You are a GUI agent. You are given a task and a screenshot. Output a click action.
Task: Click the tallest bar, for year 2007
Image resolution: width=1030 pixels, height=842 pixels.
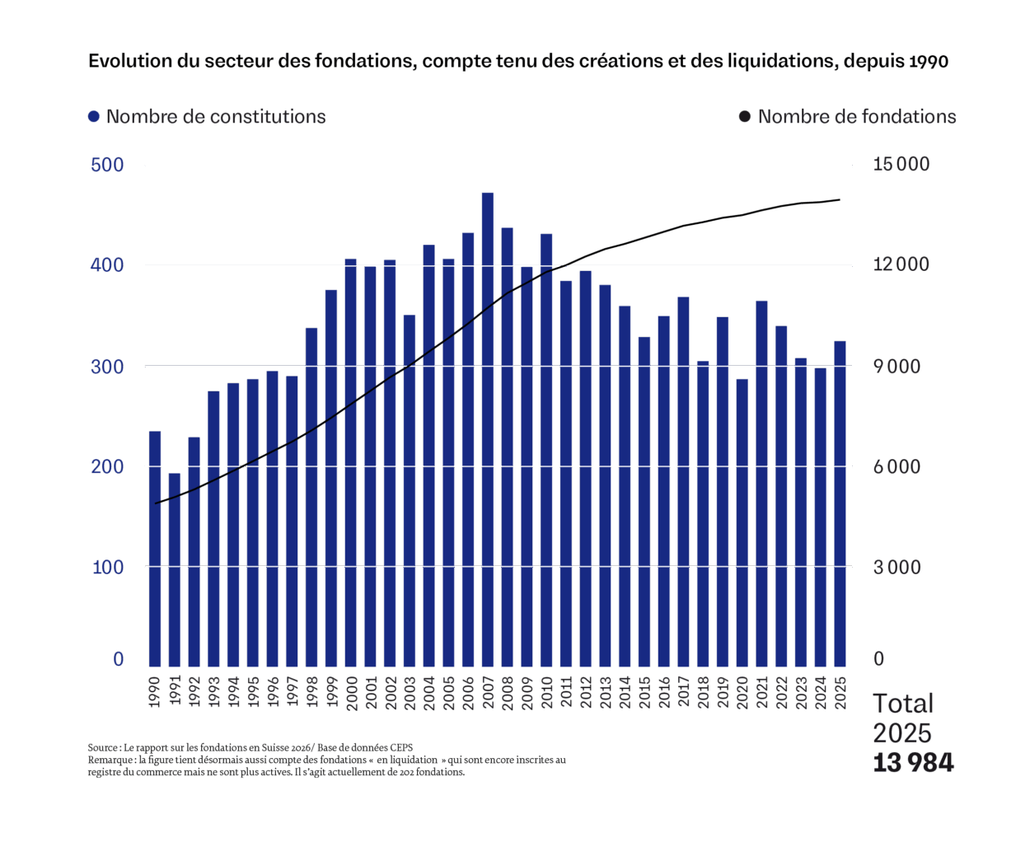[487, 428]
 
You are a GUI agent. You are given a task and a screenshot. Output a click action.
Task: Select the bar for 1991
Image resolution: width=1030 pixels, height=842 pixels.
[175, 568]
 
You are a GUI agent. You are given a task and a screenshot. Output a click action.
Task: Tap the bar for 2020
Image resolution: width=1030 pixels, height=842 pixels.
[742, 522]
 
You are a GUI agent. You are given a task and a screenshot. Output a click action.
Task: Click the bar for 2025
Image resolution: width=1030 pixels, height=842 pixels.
[840, 503]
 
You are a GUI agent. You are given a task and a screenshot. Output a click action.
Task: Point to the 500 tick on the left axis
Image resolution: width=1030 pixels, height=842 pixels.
[107, 165]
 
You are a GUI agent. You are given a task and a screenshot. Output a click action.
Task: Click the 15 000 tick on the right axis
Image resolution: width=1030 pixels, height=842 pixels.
[901, 165]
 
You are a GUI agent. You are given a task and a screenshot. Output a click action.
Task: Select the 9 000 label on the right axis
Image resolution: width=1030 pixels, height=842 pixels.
[897, 367]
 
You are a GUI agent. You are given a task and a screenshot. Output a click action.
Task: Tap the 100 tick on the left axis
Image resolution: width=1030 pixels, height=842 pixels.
[107, 567]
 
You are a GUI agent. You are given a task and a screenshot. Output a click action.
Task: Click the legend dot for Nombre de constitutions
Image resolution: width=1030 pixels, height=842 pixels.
[94, 117]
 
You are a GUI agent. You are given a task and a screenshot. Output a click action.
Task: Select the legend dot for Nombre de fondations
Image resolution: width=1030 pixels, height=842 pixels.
[745, 117]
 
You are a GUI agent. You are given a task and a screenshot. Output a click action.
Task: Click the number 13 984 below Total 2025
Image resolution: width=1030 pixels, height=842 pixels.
[913, 763]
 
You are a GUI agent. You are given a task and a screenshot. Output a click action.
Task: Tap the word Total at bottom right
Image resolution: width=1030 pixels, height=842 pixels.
[902, 704]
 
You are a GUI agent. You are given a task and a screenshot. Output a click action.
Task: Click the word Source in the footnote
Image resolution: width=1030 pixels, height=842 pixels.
[102, 747]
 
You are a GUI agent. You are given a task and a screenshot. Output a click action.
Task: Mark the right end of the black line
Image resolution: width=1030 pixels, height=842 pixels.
[840, 199]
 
